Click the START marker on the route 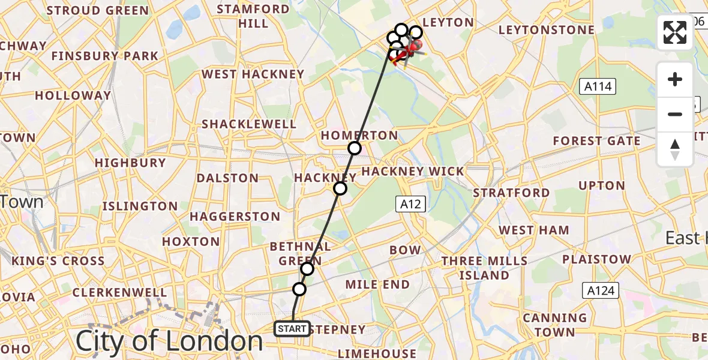[292, 329]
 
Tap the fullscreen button [675, 32]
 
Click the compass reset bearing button [675, 149]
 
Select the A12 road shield [410, 204]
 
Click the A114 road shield [598, 86]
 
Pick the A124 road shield [600, 291]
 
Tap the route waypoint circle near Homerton [355, 148]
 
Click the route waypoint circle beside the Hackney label [340, 188]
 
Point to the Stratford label [511, 193]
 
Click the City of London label [169, 341]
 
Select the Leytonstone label [547, 30]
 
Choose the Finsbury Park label [105, 56]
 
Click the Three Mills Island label [484, 268]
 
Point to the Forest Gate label [596, 141]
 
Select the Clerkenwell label [119, 292]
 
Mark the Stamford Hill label [253, 16]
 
